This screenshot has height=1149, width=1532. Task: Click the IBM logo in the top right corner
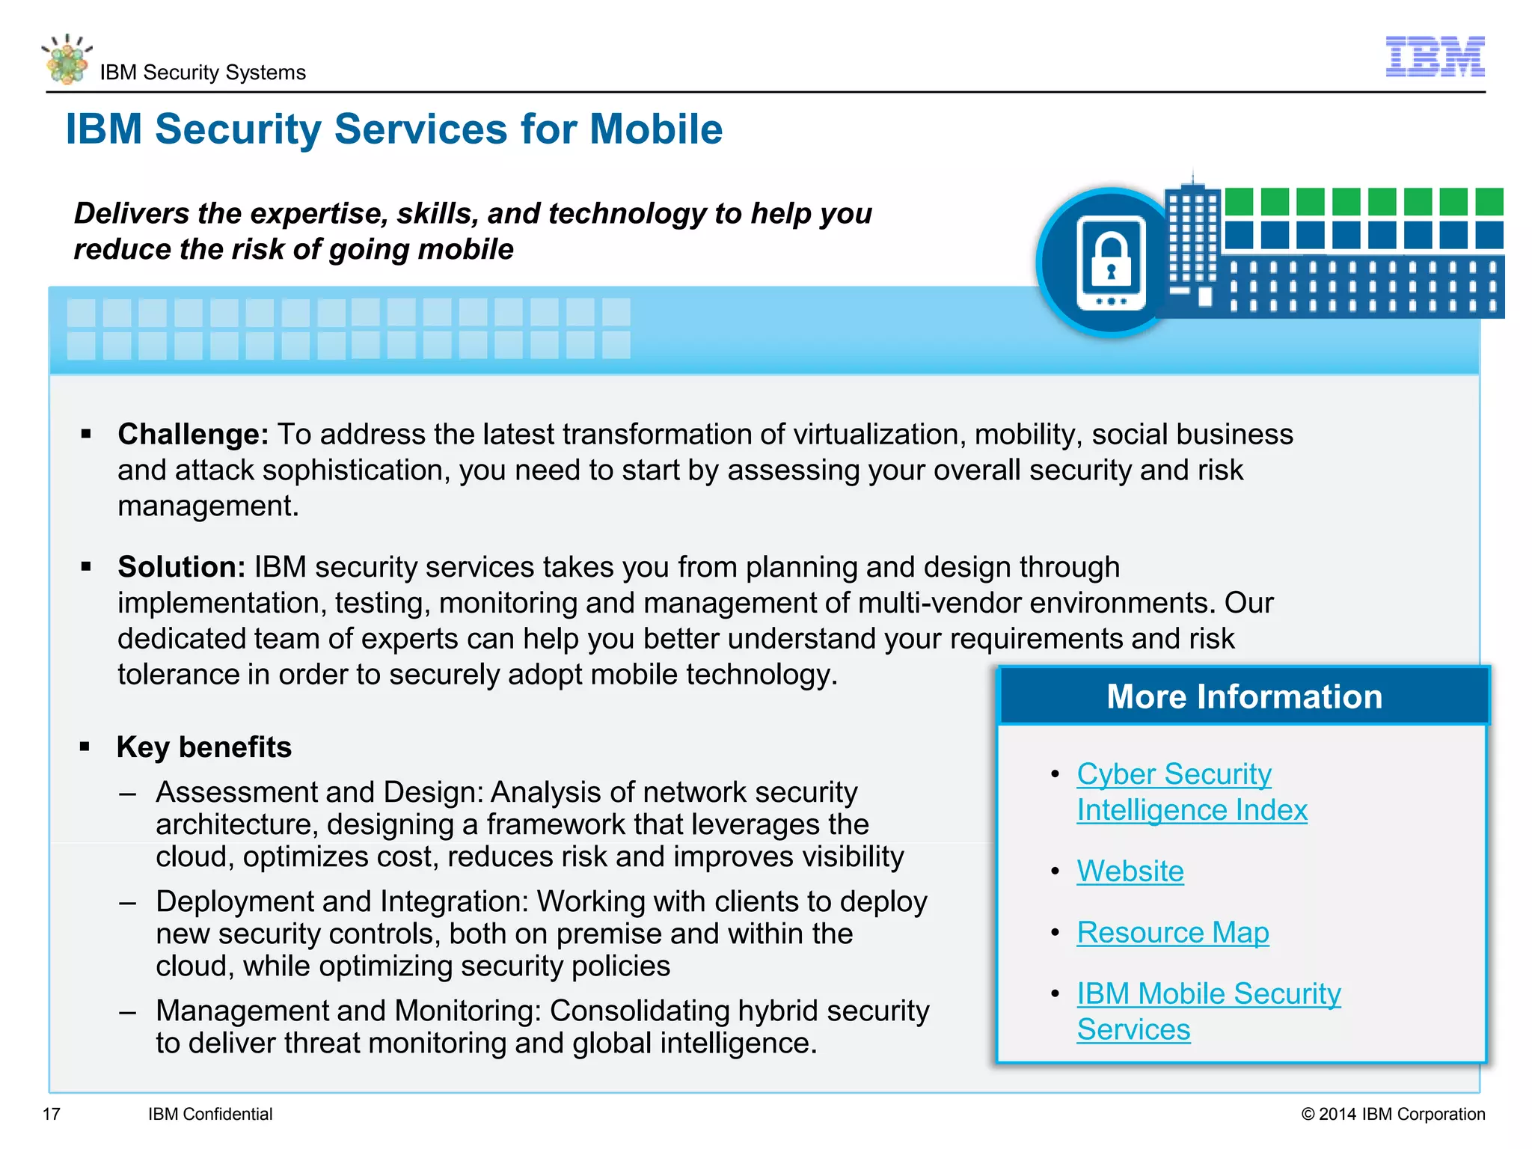point(1435,56)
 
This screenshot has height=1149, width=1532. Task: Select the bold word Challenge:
point(193,435)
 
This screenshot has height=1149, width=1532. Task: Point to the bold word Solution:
point(181,567)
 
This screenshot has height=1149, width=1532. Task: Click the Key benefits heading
point(203,747)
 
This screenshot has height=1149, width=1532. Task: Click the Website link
point(1130,871)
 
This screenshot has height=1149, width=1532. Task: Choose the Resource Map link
point(1172,933)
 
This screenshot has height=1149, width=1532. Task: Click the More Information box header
point(1243,696)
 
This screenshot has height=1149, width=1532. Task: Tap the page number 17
point(51,1114)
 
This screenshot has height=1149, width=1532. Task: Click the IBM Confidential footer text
point(210,1114)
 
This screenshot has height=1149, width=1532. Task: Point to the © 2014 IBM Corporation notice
point(1393,1114)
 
